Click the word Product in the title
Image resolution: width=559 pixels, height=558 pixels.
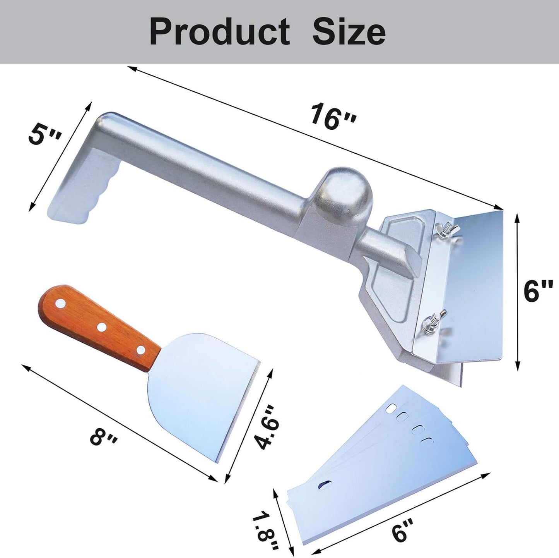(219, 32)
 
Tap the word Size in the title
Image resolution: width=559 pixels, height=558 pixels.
(349, 32)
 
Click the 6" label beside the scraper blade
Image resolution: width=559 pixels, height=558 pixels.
(538, 291)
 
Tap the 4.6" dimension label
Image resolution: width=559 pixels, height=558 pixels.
(267, 427)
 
